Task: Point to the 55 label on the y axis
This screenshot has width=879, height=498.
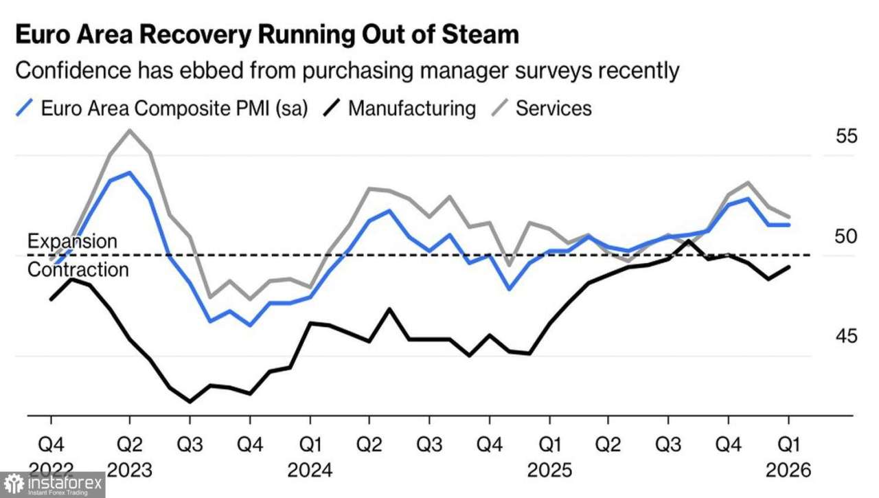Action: pos(847,136)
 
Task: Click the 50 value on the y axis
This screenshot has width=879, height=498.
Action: pos(847,236)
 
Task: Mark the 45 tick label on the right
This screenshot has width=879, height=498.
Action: pos(847,337)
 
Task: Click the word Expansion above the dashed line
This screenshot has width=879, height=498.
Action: pos(72,241)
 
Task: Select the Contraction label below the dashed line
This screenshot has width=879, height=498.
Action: pos(78,269)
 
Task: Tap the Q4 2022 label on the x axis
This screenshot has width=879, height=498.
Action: pos(50,453)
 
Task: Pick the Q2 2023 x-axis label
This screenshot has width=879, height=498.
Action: pos(130,453)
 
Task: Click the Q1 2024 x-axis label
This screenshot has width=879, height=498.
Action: pos(310,453)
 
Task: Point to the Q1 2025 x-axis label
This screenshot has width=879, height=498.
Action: pos(549,453)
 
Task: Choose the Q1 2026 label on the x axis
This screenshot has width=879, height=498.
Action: pos(788,453)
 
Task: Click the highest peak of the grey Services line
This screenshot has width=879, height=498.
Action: pos(130,130)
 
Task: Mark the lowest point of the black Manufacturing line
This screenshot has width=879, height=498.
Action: pos(190,401)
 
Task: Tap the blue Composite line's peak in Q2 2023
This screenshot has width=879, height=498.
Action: pos(130,172)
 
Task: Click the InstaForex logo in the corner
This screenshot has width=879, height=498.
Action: pos(52,485)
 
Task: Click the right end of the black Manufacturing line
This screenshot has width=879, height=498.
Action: pos(788,267)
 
